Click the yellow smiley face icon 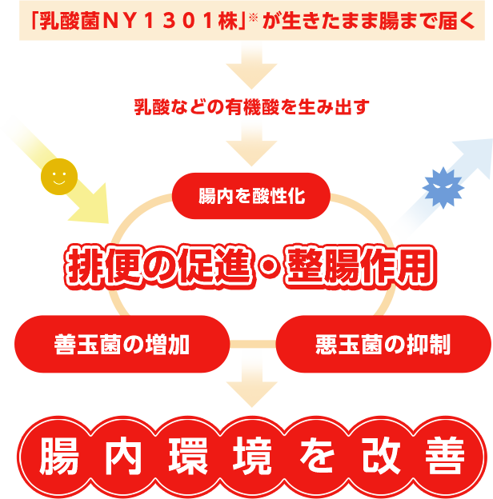(59, 177)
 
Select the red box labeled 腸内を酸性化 (251, 196)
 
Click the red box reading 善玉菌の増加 (122, 345)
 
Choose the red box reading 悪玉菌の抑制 (383, 345)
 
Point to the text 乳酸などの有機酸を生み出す (251, 106)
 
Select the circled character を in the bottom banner (314, 456)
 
